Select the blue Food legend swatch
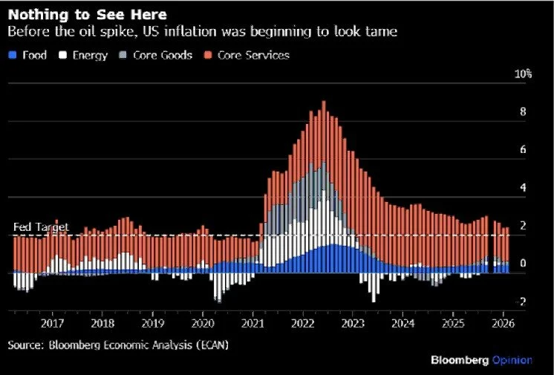point(12,55)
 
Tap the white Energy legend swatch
point(63,55)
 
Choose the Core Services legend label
point(255,55)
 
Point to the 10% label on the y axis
point(524,74)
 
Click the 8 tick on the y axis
point(523,112)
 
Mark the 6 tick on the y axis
point(523,150)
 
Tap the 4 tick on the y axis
point(523,188)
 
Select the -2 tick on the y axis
point(522,302)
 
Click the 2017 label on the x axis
point(51,324)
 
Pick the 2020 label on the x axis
point(203,324)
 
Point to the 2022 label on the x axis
point(304,324)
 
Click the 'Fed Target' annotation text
point(41,226)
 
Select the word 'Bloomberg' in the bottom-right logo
point(460,360)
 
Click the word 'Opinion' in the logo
point(512,360)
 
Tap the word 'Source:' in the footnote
point(26,345)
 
